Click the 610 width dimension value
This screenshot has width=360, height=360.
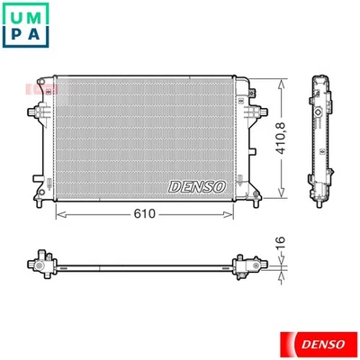pos(145,215)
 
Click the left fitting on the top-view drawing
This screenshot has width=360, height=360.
pos(39,263)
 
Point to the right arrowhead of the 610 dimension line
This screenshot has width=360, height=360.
pos(236,215)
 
